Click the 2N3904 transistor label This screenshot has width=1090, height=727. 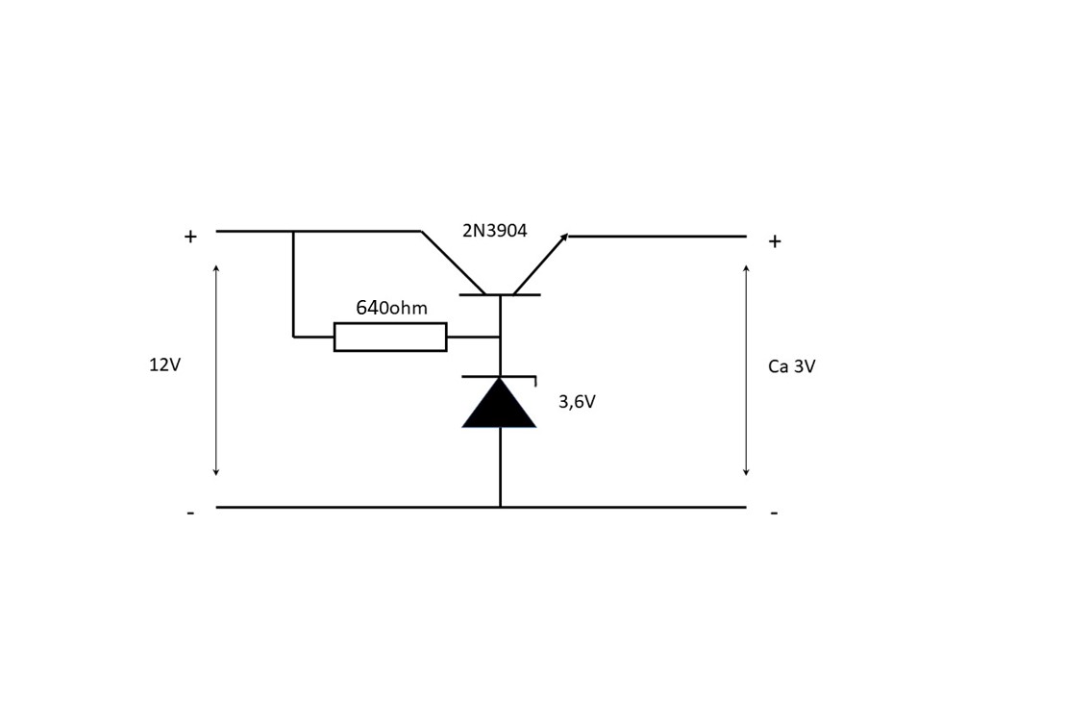(494, 230)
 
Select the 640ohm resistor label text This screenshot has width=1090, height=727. (391, 308)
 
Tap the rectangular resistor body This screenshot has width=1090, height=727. (390, 338)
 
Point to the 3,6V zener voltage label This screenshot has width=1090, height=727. (577, 402)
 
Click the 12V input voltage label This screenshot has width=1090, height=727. (164, 364)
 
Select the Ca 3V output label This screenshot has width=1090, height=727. (792, 366)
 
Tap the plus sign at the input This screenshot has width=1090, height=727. (190, 237)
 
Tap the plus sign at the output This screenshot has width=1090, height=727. (775, 241)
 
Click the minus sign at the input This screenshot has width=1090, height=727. (190, 514)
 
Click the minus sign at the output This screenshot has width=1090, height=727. (775, 514)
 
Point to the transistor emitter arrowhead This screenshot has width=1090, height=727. (564, 238)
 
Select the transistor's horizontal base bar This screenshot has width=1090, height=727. (500, 295)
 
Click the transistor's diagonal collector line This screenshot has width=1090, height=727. (454, 263)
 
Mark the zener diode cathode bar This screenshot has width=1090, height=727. (499, 378)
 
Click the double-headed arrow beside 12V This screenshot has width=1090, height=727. (216, 370)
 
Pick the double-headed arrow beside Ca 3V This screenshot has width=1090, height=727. (746, 370)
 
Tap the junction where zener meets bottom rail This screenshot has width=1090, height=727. (500, 507)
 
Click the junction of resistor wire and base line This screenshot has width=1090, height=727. (500, 338)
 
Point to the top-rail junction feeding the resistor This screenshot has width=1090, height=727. (293, 231)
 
